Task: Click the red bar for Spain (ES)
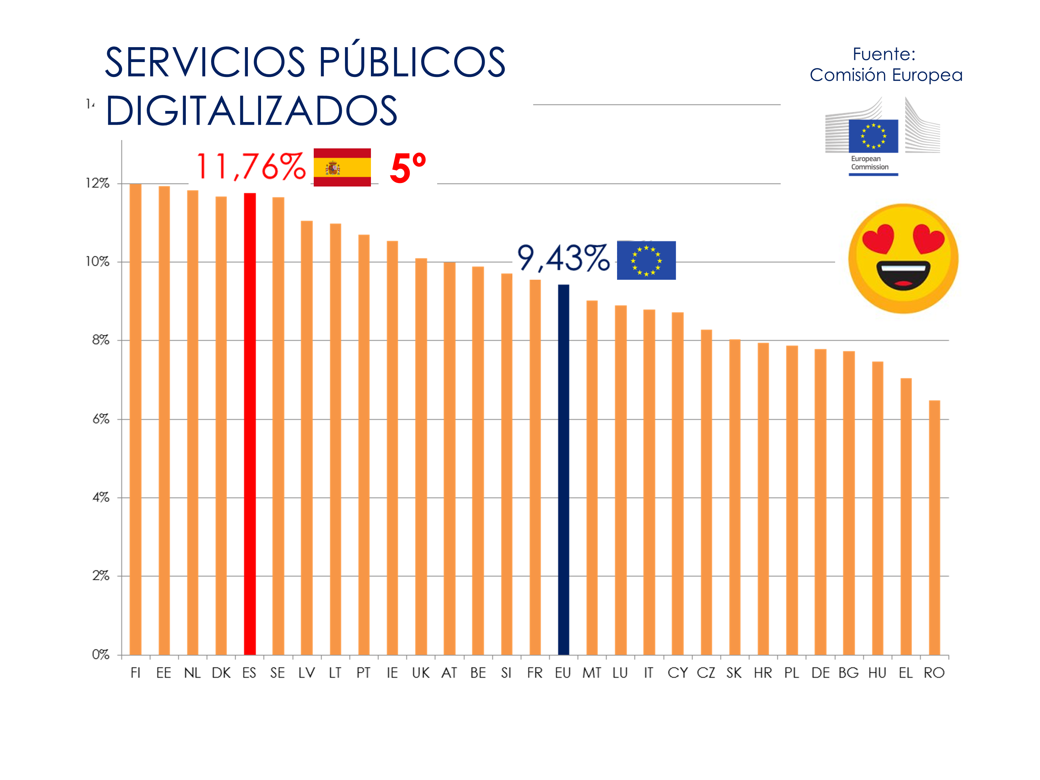click(x=250, y=423)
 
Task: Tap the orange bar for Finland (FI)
click(x=136, y=418)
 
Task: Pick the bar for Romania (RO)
click(x=934, y=527)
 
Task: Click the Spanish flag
click(x=342, y=167)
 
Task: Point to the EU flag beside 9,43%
click(x=646, y=260)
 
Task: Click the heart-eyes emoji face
click(x=903, y=258)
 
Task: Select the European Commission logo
click(x=873, y=136)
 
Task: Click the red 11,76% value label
click(x=251, y=166)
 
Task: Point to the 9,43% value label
click(x=563, y=258)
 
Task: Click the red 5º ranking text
click(x=408, y=168)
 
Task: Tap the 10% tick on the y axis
click(x=97, y=261)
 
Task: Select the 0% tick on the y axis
click(x=100, y=654)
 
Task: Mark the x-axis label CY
click(x=677, y=673)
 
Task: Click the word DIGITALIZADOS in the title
click(x=252, y=111)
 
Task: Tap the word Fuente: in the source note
click(x=884, y=54)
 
